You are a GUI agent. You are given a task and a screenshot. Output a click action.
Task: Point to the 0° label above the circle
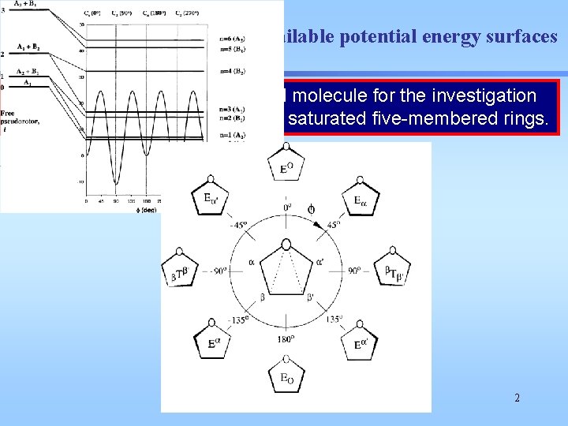click(x=286, y=207)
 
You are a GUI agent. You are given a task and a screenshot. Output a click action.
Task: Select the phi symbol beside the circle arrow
click(x=311, y=209)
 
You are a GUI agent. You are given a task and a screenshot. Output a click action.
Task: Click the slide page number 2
click(x=517, y=398)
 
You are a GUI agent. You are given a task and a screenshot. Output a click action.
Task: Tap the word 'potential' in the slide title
click(x=349, y=36)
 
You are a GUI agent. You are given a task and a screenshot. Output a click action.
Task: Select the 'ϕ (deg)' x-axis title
click(x=116, y=209)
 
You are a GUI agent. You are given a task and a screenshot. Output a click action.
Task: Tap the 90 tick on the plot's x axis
click(x=116, y=201)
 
